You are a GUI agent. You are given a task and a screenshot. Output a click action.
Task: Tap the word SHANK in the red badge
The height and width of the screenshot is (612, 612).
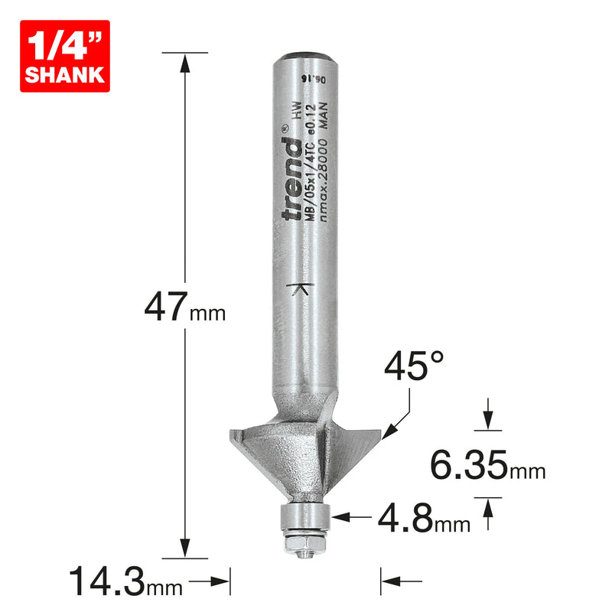pos(65,75)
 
